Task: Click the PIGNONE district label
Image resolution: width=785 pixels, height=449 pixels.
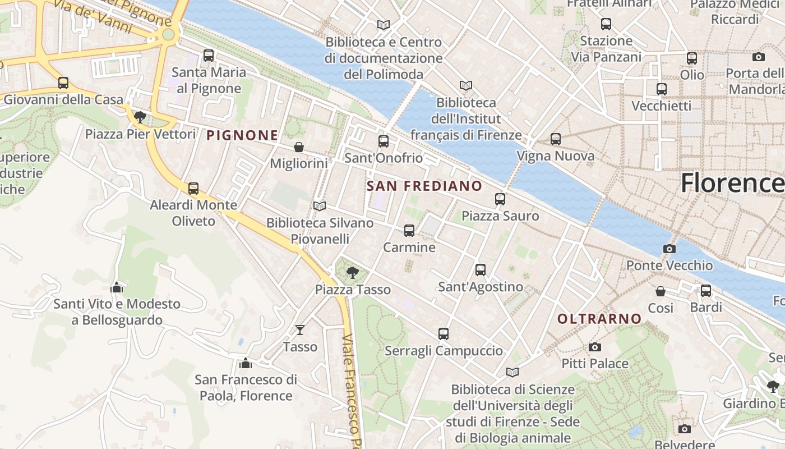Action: click(x=242, y=135)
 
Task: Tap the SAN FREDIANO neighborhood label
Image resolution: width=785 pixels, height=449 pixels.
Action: click(x=424, y=186)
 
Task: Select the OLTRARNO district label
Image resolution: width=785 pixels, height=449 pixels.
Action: click(x=599, y=319)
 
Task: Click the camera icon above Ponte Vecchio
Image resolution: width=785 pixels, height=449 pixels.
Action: click(x=669, y=249)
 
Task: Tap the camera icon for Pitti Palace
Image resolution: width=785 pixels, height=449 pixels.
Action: click(x=595, y=347)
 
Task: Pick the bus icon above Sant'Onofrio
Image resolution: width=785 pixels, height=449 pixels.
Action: click(x=384, y=141)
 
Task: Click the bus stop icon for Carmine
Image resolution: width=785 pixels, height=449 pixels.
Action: click(x=409, y=231)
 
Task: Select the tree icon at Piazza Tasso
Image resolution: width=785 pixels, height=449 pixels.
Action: click(x=353, y=273)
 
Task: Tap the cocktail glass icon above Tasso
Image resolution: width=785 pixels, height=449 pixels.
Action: click(x=300, y=330)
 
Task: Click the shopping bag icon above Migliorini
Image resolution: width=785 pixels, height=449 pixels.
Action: click(x=299, y=147)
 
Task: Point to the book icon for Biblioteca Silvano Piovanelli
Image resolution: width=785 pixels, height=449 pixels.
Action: click(x=320, y=207)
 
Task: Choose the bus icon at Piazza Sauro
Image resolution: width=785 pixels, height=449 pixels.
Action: click(x=500, y=199)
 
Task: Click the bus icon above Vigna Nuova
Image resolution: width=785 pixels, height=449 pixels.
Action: click(x=556, y=139)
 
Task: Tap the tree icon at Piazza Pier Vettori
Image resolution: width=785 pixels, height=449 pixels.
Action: click(x=140, y=117)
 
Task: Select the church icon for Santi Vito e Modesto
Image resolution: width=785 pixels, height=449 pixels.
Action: click(x=117, y=287)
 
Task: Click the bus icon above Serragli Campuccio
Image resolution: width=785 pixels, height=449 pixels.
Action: click(x=444, y=334)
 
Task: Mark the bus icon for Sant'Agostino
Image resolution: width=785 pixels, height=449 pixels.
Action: click(x=481, y=270)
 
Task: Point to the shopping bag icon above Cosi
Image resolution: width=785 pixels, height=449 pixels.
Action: click(x=661, y=291)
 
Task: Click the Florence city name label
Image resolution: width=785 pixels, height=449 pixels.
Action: click(x=732, y=183)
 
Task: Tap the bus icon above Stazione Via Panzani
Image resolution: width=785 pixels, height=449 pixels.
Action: click(x=606, y=24)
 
